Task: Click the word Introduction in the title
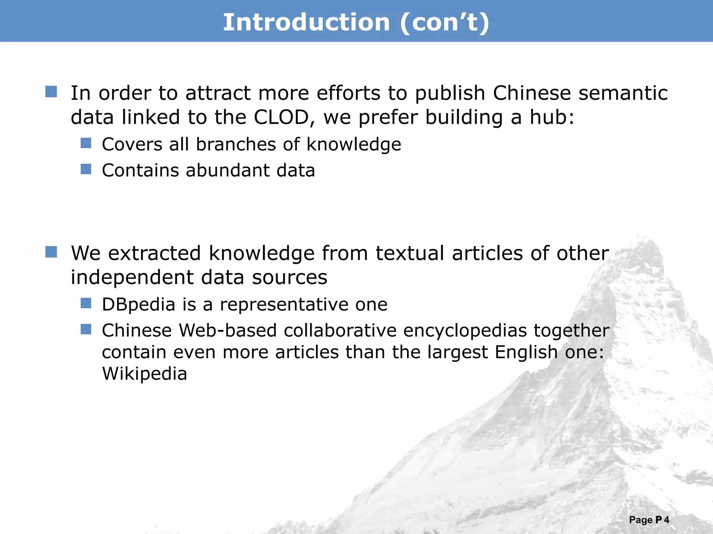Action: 306,22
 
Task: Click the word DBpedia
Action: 139,305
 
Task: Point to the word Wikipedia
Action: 144,374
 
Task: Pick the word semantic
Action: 623,93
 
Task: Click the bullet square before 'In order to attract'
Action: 51,92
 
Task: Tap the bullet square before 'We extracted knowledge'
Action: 51,252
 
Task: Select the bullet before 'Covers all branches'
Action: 86,143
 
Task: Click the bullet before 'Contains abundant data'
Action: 86,169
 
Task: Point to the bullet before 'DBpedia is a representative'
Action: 86,303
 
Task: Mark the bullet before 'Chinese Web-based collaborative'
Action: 86,329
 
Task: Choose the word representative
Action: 284,305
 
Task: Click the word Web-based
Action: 228,331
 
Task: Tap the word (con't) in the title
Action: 445,22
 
